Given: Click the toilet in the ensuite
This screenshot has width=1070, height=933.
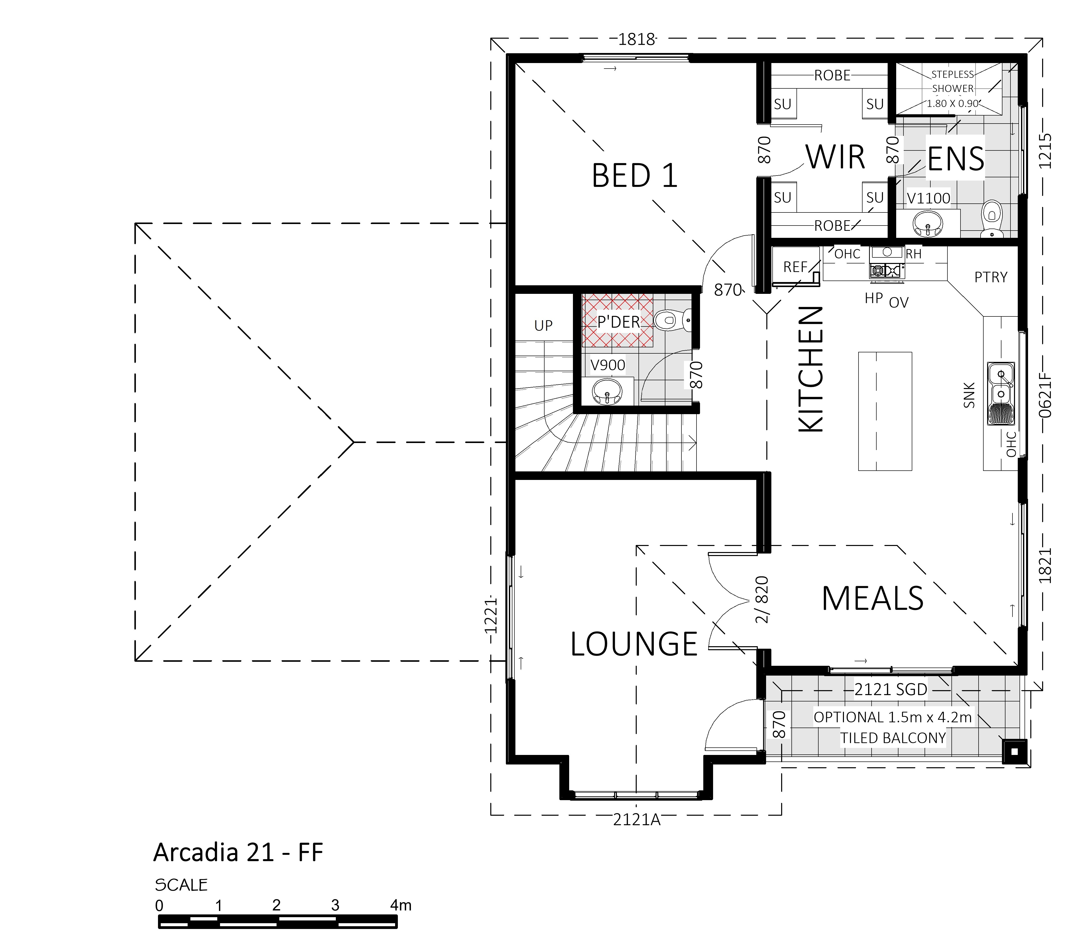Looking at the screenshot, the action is pyautogui.click(x=992, y=219).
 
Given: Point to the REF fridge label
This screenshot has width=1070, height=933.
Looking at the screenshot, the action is pyautogui.click(x=795, y=267).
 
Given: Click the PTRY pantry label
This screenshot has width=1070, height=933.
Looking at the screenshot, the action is pyautogui.click(x=991, y=277).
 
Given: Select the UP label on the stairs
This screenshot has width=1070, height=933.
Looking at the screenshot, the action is pyautogui.click(x=543, y=325).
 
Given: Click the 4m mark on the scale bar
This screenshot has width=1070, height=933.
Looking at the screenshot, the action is pyautogui.click(x=401, y=905).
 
